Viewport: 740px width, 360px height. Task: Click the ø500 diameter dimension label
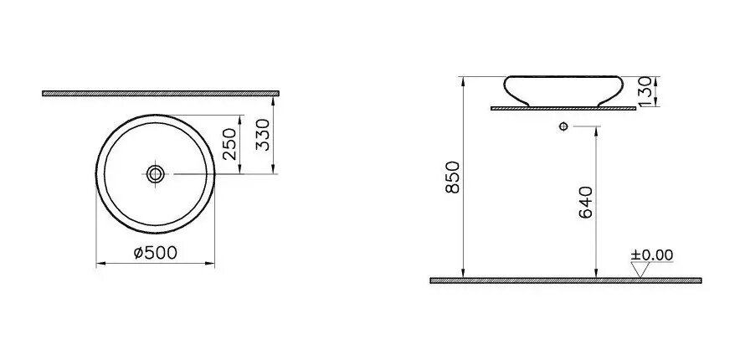click(x=156, y=252)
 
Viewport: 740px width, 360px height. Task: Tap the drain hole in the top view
click(x=155, y=174)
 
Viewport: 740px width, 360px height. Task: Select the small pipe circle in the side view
click(x=563, y=126)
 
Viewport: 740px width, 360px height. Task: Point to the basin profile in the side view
click(x=562, y=90)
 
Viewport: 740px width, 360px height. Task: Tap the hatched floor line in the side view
click(x=565, y=280)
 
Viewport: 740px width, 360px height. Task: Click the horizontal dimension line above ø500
click(x=156, y=263)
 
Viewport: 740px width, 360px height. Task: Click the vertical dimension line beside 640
click(x=595, y=201)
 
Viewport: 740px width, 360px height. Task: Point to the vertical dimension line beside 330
click(x=275, y=134)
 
